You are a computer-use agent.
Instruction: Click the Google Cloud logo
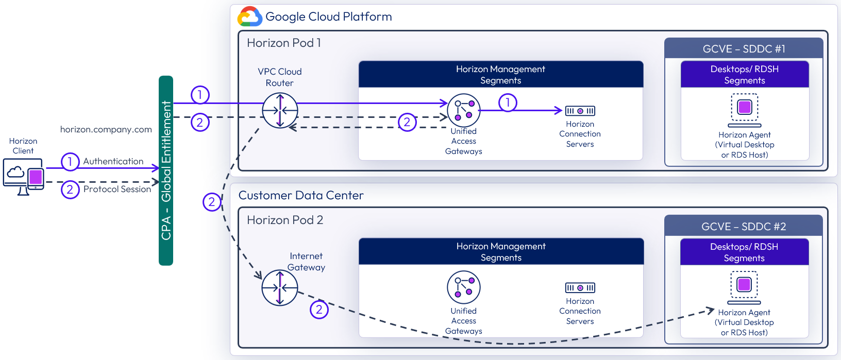pos(249,16)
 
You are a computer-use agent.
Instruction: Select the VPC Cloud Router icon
pos(280,111)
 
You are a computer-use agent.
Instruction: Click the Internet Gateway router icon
pos(280,288)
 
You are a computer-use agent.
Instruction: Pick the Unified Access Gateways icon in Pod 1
pos(464,110)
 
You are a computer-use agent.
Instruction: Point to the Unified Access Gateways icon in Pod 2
pos(464,287)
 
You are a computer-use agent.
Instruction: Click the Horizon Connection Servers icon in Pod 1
pos(580,111)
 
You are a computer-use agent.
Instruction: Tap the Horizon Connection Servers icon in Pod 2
pos(580,288)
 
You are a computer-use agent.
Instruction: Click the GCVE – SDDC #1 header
pos(744,49)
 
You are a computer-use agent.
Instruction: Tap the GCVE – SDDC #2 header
pos(744,227)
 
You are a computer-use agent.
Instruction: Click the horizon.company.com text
pos(106,129)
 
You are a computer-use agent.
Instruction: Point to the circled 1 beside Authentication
pos(70,162)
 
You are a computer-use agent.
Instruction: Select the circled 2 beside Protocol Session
pos(70,190)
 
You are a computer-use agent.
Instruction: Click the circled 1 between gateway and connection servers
pos(508,102)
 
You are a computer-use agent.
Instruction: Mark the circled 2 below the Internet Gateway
pos(319,310)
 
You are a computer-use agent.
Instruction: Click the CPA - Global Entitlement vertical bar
pos(166,170)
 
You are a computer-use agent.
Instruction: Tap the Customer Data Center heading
pos(301,196)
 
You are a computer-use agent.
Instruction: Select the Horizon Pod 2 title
pos(285,220)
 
